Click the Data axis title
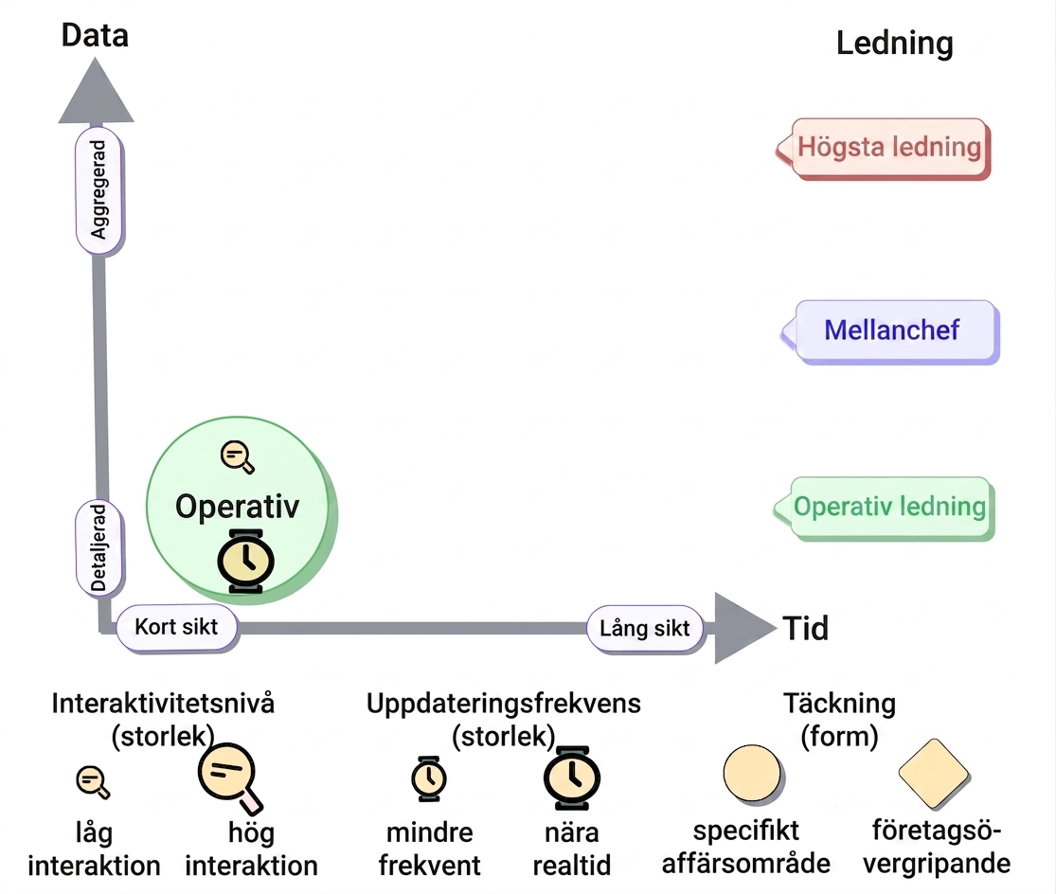[95, 35]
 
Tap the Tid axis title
[805, 628]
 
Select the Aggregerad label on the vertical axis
[99, 189]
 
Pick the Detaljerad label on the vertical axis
[99, 548]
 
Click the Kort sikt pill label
[176, 627]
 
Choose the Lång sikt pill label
[645, 628]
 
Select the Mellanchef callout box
[890, 331]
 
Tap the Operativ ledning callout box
[884, 508]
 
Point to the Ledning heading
[894, 43]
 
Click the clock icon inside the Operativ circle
[246, 561]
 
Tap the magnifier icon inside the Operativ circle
[238, 457]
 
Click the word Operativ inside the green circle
[237, 507]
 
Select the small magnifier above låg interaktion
[93, 782]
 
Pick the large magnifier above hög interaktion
[230, 778]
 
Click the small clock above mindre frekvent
[429, 778]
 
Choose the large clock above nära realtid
[572, 778]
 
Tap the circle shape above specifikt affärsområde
[752, 774]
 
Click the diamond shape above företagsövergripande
[934, 774]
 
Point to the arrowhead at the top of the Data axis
[96, 91]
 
